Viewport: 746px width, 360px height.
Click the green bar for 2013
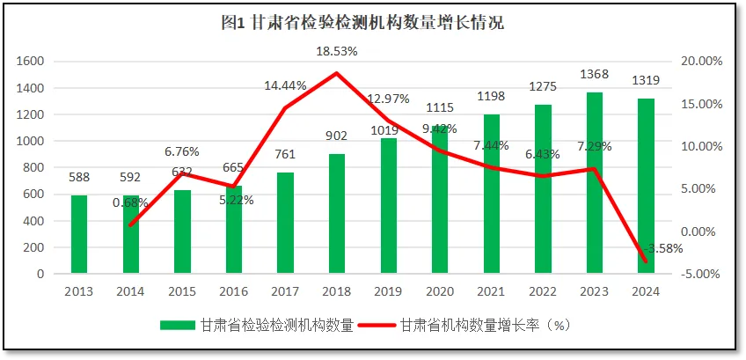pos(79,234)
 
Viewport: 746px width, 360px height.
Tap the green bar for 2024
pos(646,187)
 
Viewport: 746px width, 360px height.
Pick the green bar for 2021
pos(491,194)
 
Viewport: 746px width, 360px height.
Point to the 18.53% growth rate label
pos(337,51)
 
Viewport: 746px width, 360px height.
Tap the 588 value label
pos(79,178)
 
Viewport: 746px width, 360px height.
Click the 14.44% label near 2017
pos(286,86)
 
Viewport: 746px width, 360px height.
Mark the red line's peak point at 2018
pos(337,73)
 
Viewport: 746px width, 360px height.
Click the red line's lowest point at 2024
pos(646,261)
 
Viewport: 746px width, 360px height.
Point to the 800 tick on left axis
pos(33,167)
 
